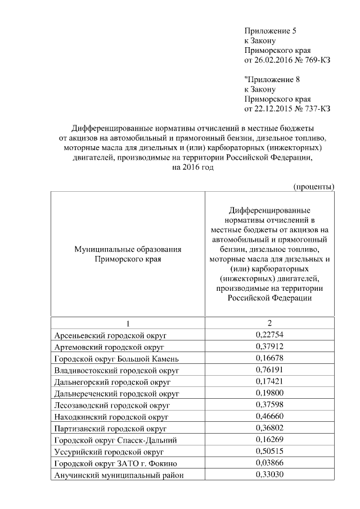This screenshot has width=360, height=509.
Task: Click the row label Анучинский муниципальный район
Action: (x=120, y=475)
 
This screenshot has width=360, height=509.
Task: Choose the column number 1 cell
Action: (x=127, y=323)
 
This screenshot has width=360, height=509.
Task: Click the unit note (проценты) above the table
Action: (x=314, y=186)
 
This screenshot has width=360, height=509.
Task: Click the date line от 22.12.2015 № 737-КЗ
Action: (x=287, y=109)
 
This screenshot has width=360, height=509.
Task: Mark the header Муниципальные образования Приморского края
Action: (x=127, y=254)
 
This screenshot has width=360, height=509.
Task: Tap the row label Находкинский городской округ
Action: (x=111, y=417)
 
